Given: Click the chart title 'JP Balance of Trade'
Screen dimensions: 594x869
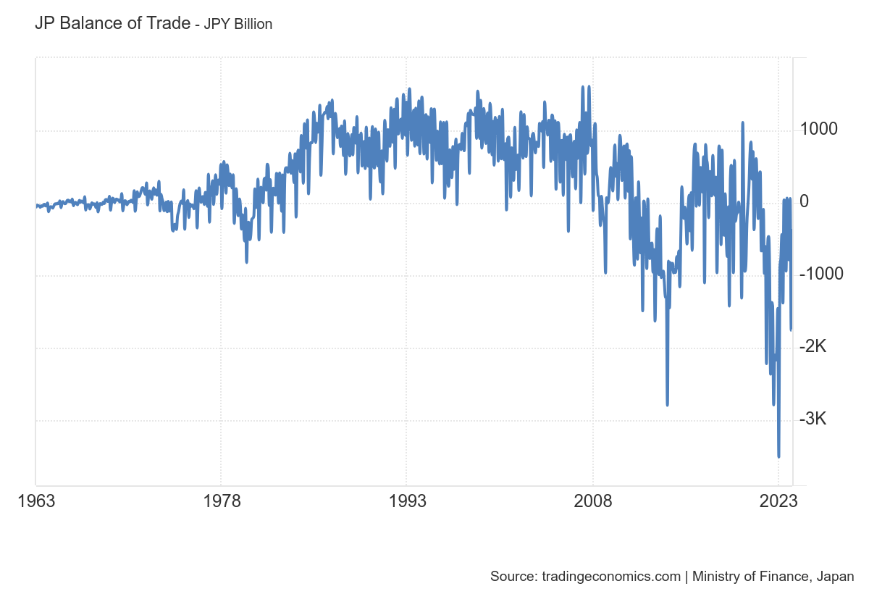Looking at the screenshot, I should click(112, 23).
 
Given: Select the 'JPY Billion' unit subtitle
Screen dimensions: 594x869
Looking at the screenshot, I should click(238, 25).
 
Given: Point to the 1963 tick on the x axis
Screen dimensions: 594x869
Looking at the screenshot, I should click(35, 501).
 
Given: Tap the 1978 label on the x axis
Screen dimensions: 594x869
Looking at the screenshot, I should click(221, 501).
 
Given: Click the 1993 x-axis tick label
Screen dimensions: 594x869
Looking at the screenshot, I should click(406, 501).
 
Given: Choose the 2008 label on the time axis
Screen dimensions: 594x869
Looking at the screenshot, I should click(592, 501).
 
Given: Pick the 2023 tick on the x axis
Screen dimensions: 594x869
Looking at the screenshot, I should click(778, 501).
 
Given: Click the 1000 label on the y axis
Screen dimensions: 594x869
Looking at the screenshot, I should click(818, 130).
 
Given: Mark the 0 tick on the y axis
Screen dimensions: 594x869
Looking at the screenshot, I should click(804, 201).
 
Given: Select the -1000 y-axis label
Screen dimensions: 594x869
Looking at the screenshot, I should click(821, 274).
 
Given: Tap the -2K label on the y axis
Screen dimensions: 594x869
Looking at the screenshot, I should click(813, 347).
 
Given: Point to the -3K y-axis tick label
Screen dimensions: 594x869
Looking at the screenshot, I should click(813, 419).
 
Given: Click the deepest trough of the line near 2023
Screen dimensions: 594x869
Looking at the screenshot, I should click(778, 456).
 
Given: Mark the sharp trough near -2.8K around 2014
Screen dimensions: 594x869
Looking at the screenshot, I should click(667, 405).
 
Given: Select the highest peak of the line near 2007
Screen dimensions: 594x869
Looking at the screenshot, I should click(583, 87).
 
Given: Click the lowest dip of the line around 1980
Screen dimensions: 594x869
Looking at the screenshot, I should click(246, 262).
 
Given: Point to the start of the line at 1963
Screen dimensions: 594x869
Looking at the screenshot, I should click(36, 206).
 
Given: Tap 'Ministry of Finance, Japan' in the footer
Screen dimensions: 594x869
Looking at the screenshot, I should click(773, 577).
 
